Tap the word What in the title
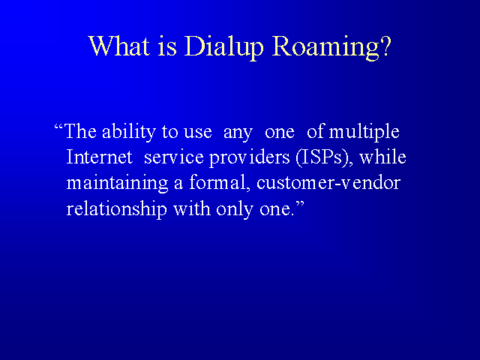119,46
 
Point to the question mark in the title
386,46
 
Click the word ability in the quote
129,132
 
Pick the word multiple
364,132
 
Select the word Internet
100,157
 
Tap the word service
173,157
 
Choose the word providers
249,158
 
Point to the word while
382,157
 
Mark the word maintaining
117,184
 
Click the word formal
217,182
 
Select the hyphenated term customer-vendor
328,182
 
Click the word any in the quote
238,133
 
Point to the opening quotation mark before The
58,127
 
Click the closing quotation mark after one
300,204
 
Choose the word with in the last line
192,208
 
